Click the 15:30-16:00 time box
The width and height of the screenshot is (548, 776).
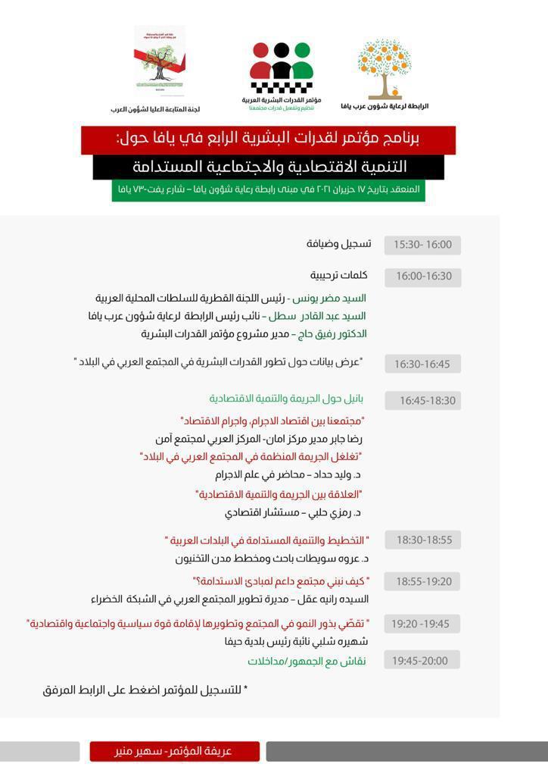tap(422, 245)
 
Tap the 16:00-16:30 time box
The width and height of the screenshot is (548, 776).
tap(422, 277)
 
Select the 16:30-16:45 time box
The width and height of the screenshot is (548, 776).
tap(422, 364)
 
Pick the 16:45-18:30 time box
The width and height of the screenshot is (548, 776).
tap(422, 400)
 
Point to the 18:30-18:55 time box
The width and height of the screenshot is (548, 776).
tap(422, 540)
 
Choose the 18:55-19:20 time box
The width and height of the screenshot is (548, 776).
tap(422, 581)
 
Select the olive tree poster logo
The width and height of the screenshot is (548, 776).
tap(159, 61)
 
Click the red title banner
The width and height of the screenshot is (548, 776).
tap(268, 139)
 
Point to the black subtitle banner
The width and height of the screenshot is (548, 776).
tap(269, 167)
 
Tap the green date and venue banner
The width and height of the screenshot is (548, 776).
tap(269, 189)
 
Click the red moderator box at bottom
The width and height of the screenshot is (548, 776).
tap(174, 751)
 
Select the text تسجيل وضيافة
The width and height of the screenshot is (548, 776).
tap(338, 244)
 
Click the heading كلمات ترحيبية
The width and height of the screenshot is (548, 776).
tap(338, 275)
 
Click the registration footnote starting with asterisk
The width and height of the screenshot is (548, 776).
tap(145, 690)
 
